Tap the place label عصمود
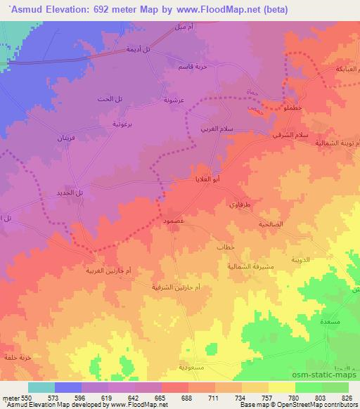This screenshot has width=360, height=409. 174,220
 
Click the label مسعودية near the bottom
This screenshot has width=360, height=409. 194,368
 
